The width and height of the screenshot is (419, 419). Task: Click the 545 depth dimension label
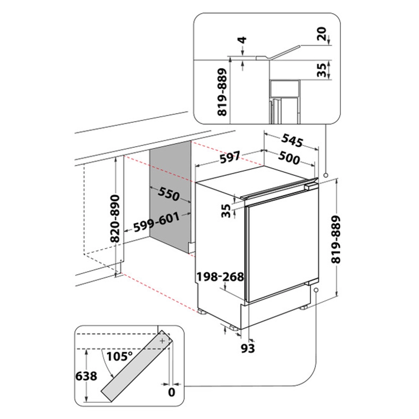click(292, 140)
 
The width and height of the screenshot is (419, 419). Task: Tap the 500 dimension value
click(289, 158)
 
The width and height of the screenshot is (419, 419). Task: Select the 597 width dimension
click(230, 157)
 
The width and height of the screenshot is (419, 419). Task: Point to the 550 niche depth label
click(168, 194)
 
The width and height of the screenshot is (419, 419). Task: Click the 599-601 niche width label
click(157, 222)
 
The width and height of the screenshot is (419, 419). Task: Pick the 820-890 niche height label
click(115, 219)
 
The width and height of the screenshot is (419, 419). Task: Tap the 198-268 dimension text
click(220, 277)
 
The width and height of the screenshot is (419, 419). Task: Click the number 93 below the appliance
click(248, 348)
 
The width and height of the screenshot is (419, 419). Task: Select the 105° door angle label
click(119, 356)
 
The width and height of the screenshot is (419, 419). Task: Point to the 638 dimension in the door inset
click(86, 376)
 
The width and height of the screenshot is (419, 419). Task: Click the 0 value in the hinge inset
click(171, 392)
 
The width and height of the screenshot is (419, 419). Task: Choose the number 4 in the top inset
click(243, 40)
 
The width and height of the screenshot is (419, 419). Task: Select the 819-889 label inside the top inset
click(222, 92)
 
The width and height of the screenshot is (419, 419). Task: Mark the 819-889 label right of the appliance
click(336, 239)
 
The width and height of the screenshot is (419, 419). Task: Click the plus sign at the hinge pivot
click(163, 341)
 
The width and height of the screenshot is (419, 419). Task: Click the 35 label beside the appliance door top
click(226, 211)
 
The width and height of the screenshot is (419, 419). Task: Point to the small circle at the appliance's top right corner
click(326, 175)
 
